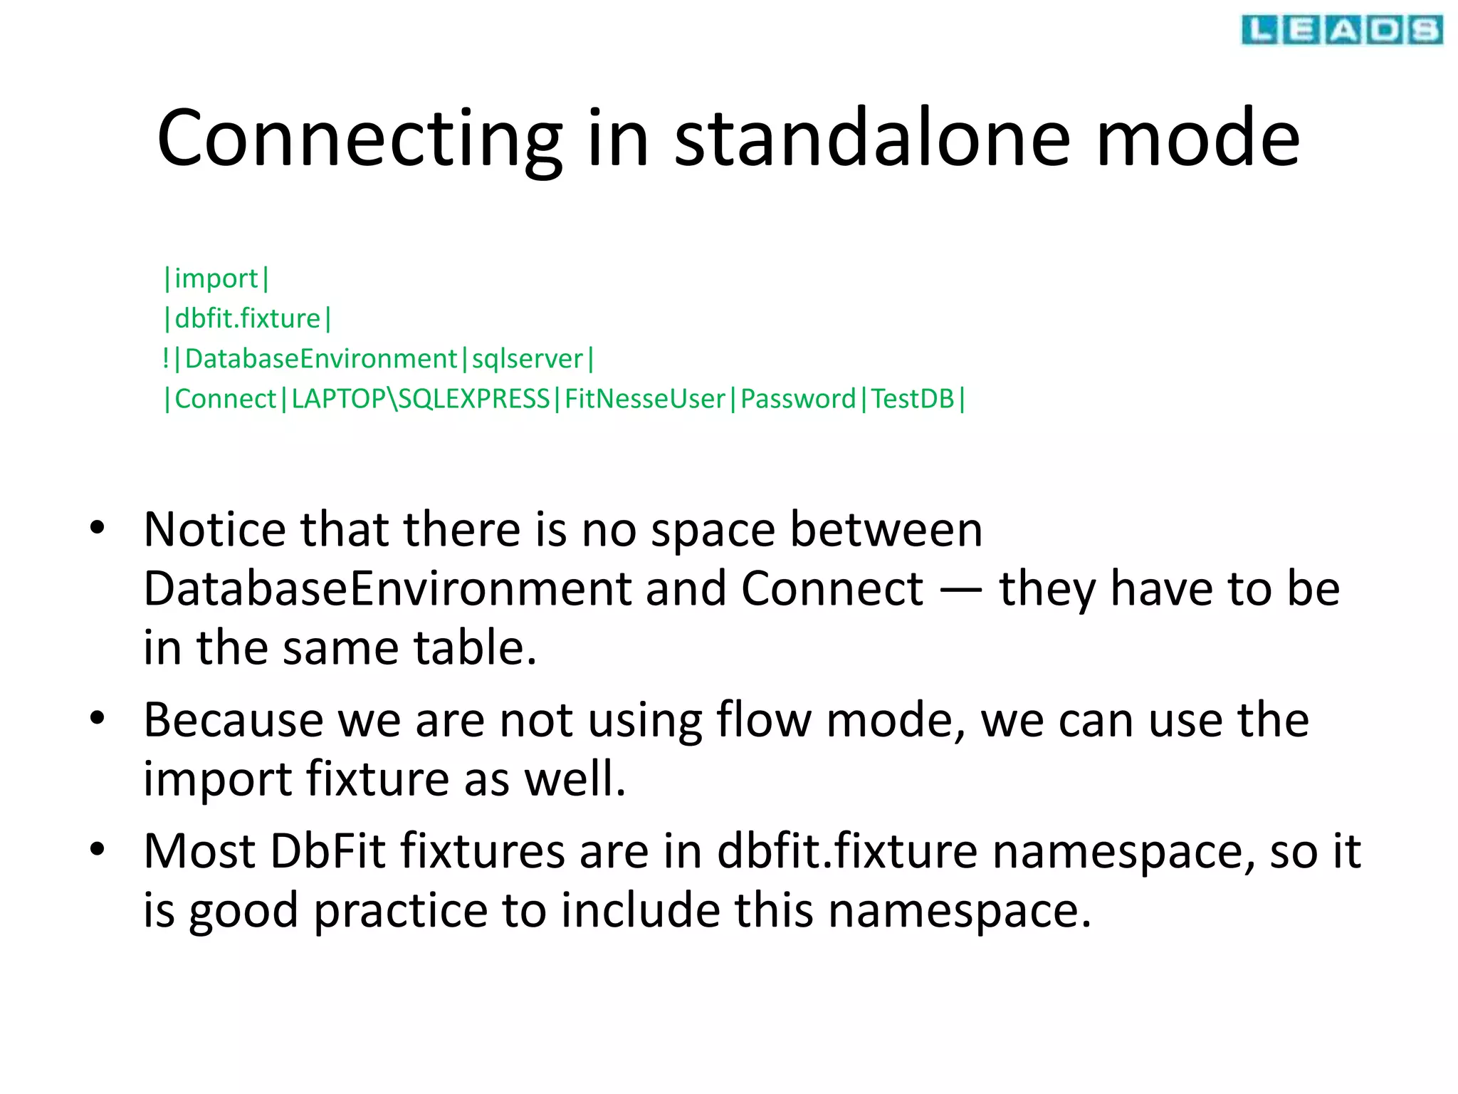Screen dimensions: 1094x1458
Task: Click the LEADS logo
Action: (x=1341, y=30)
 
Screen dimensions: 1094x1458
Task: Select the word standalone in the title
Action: (x=871, y=138)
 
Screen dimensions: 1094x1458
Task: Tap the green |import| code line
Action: (x=216, y=278)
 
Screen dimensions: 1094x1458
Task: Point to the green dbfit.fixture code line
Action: (x=248, y=318)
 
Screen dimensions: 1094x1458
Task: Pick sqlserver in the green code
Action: (x=528, y=359)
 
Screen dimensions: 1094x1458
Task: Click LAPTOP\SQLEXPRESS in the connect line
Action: (x=420, y=399)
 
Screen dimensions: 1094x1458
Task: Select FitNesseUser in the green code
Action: (x=644, y=399)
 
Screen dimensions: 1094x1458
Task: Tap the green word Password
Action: (x=797, y=399)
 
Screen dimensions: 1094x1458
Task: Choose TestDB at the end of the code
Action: (x=912, y=399)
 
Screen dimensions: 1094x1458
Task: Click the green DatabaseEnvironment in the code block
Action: (x=320, y=359)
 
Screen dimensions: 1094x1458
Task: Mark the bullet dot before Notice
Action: (x=98, y=528)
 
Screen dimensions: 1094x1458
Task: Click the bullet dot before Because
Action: (x=98, y=718)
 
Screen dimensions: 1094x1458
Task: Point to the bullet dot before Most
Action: (x=98, y=849)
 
